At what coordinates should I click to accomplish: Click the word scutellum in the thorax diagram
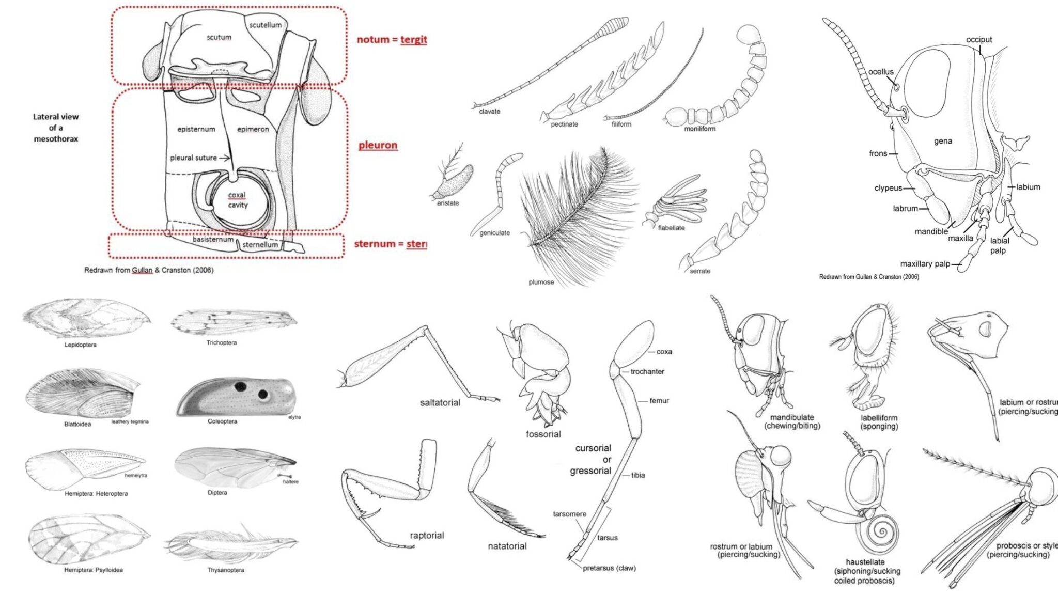point(265,25)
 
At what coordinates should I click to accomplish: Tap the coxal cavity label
point(237,200)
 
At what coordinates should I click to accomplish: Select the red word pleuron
point(378,145)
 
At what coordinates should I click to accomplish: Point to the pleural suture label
point(193,158)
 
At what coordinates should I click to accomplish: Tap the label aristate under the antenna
point(447,203)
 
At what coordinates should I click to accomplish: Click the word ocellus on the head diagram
point(880,72)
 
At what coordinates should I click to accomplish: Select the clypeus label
point(888,188)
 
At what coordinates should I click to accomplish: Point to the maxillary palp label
point(925,264)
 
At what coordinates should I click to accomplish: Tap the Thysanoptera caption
point(226,570)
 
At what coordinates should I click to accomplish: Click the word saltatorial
point(440,402)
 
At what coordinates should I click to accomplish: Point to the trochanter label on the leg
point(647,371)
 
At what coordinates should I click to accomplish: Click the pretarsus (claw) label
point(609,568)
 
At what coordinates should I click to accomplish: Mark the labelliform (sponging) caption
point(879,422)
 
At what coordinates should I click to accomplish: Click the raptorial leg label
point(427,536)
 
